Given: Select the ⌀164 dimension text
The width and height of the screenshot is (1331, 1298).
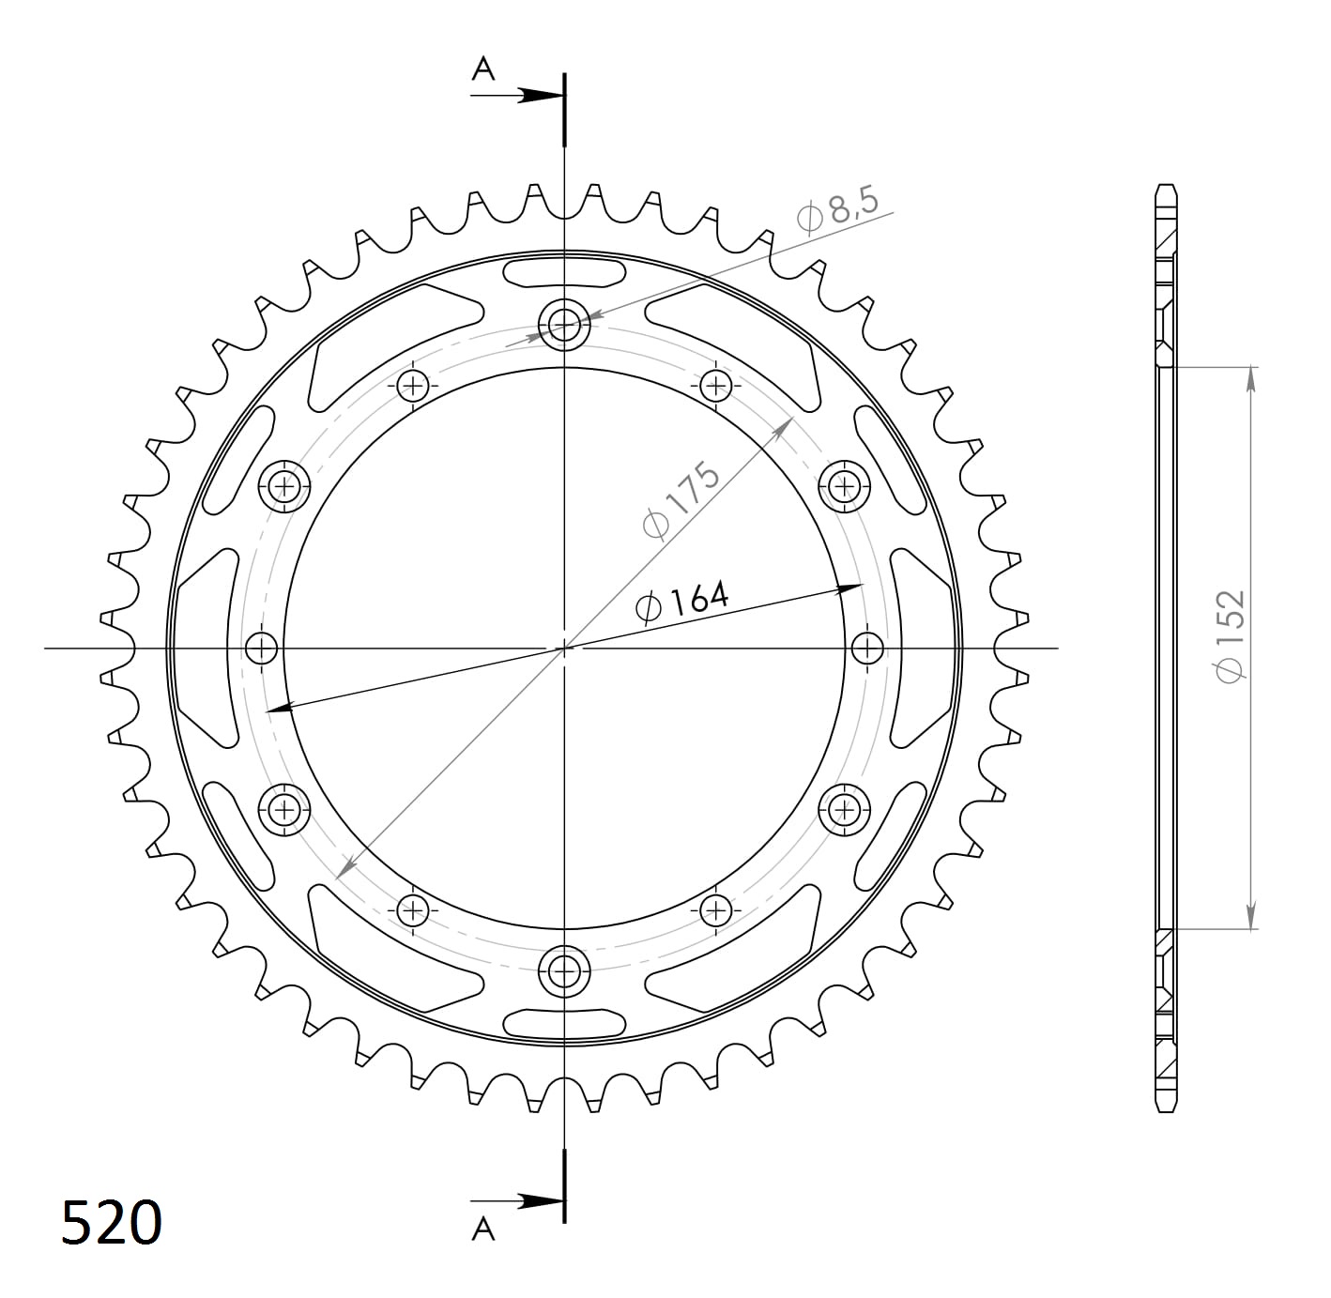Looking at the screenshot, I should tap(681, 603).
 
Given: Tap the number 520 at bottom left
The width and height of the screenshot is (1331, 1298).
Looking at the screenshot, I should tap(112, 1223).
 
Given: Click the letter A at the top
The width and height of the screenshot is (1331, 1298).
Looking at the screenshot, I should tap(482, 69).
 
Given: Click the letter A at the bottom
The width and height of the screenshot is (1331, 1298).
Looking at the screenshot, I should tap(482, 1229).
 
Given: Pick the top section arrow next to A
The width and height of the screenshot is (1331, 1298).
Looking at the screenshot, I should tap(535, 95).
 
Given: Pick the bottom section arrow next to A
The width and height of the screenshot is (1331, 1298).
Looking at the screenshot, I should tap(535, 1200).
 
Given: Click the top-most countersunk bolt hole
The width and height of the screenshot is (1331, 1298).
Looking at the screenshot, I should tap(564, 326).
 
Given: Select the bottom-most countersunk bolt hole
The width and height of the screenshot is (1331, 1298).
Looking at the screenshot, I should tap(564, 969).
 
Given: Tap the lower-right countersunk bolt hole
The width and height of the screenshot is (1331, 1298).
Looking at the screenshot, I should tap(844, 808).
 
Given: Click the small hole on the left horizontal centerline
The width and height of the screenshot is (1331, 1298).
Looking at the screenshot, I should tap(262, 648).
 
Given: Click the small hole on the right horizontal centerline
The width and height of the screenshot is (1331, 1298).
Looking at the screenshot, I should tap(867, 648).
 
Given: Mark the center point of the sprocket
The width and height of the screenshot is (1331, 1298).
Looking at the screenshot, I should tap(564, 648).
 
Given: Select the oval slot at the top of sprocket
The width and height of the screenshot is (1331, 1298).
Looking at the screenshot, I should tap(564, 273).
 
